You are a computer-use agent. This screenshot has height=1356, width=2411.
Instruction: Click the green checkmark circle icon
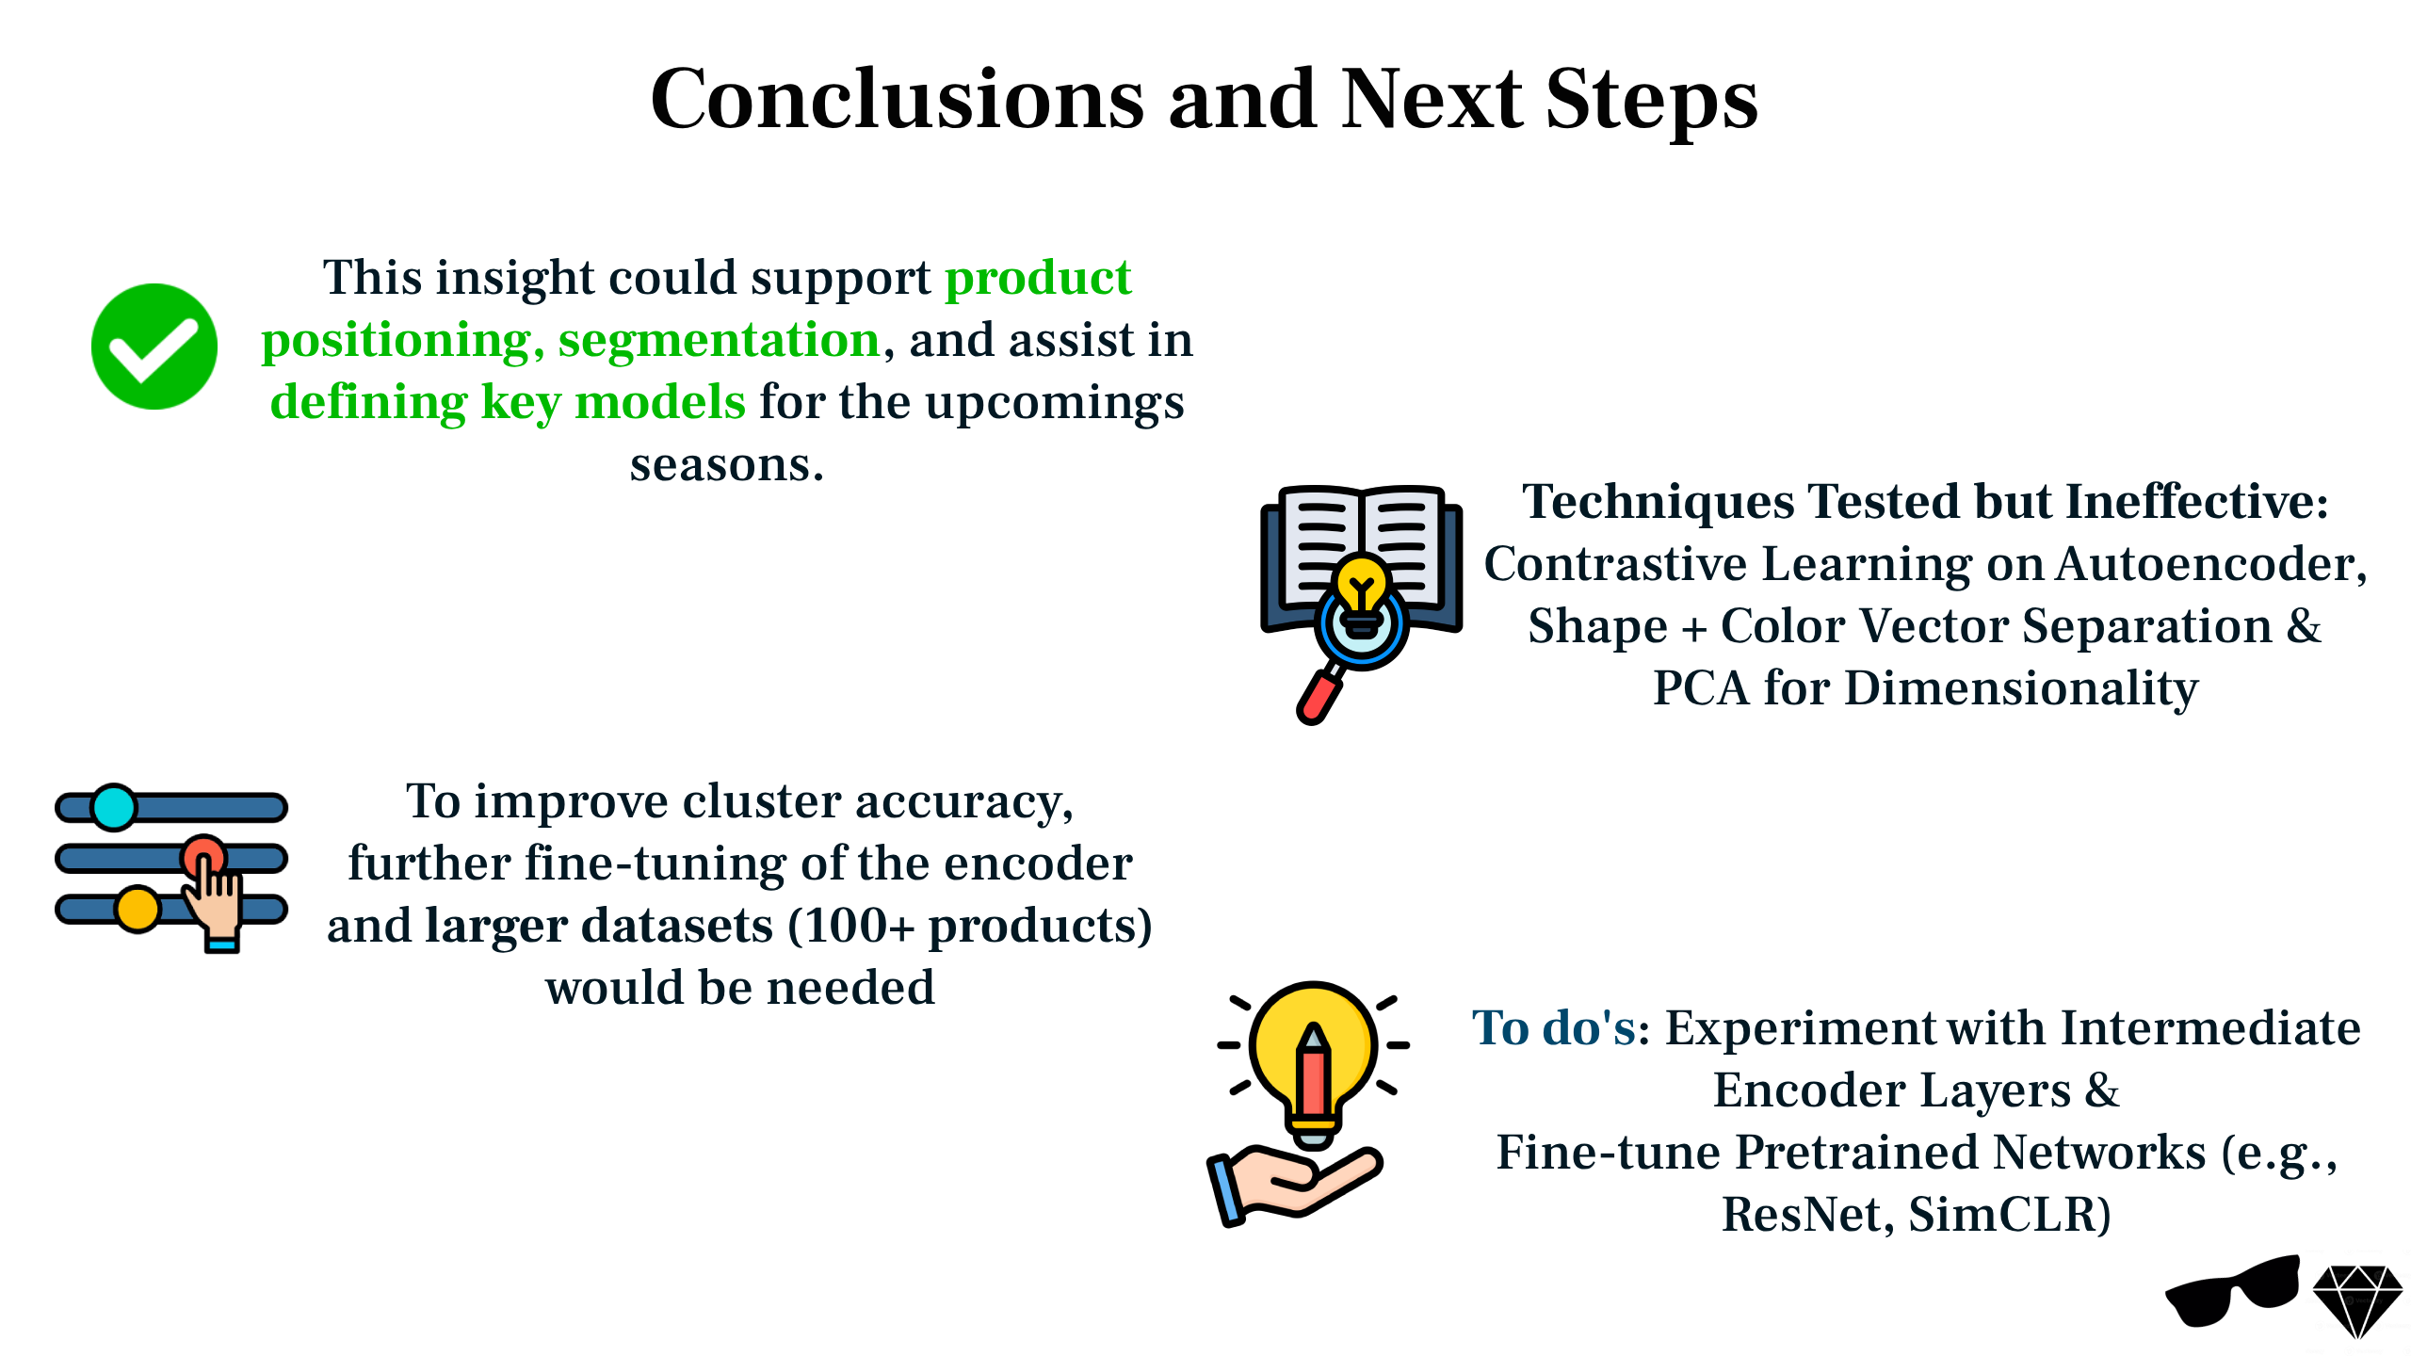(154, 347)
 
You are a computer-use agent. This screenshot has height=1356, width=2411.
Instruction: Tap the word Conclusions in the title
(898, 99)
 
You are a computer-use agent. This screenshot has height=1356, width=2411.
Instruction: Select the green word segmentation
(719, 339)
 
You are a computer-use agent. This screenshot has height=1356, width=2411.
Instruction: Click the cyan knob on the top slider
(114, 807)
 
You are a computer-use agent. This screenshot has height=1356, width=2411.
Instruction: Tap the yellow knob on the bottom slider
(138, 909)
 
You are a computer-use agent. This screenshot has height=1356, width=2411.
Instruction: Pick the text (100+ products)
(970, 926)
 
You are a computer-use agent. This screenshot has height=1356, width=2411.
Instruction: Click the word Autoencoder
(2210, 563)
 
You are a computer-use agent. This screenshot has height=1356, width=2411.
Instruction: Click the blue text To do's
(1555, 1026)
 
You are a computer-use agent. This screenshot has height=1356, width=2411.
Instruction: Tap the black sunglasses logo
(2232, 1290)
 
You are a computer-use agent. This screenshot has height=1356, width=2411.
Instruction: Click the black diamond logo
(2357, 1300)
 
